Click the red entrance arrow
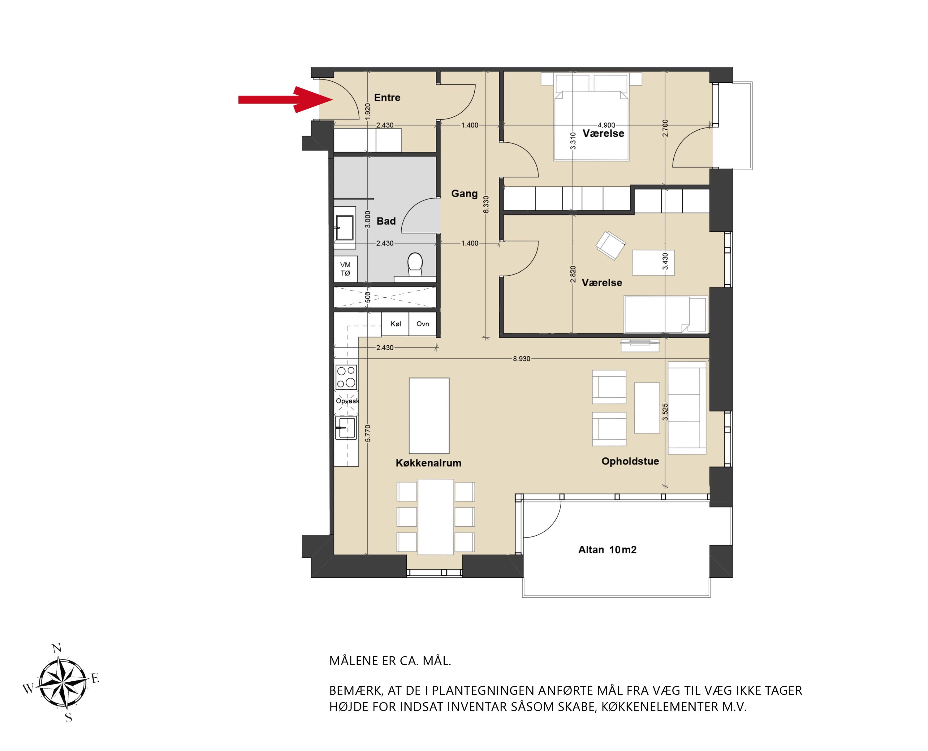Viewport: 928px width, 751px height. coord(286,100)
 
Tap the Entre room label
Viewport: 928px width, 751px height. coord(387,98)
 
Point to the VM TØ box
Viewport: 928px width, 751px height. coord(345,269)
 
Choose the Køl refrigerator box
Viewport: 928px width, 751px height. coord(395,324)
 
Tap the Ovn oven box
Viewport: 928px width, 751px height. coord(423,324)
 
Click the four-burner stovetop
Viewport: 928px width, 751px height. coord(346,377)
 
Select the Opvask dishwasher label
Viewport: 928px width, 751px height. coord(347,401)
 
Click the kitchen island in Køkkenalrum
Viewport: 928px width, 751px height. coord(429,416)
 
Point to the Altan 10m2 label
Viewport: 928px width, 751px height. coord(607,550)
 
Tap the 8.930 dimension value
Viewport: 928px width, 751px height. coord(521,359)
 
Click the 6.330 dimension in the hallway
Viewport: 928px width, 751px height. coord(486,204)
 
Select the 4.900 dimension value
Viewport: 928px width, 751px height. coord(606,125)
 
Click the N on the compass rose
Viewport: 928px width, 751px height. coord(56,648)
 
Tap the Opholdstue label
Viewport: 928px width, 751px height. coord(630,461)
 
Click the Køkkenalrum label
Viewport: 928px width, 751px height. coord(428,463)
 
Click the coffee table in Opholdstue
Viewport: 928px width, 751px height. coord(647,408)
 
